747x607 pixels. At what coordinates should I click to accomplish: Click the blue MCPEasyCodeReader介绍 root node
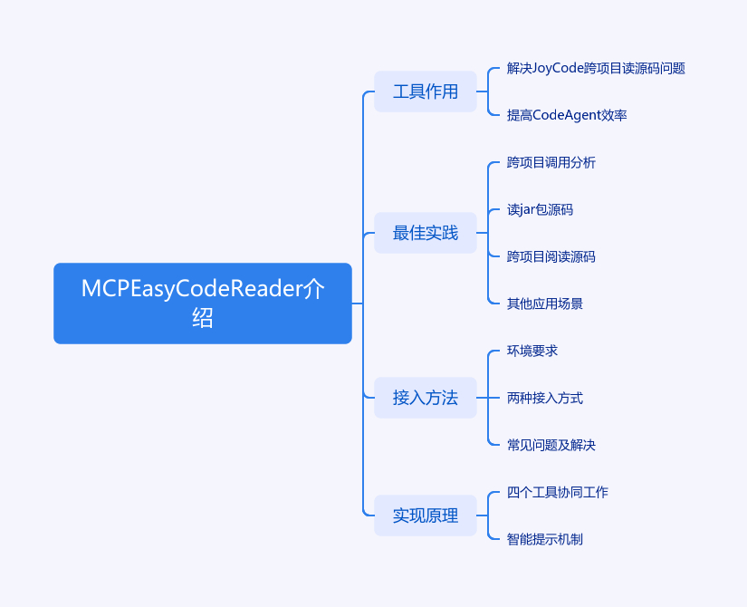pyautogui.click(x=202, y=303)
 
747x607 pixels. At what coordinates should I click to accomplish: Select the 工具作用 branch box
pyautogui.click(x=425, y=92)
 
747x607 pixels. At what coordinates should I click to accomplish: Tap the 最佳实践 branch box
pyautogui.click(x=425, y=233)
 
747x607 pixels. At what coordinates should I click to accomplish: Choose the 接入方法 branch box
pyautogui.click(x=425, y=398)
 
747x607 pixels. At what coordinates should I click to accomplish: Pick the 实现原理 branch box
pyautogui.click(x=425, y=515)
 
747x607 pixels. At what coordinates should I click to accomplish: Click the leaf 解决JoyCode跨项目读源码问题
pyautogui.click(x=595, y=68)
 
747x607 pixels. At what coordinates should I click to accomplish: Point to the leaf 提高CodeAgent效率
pyautogui.click(x=567, y=115)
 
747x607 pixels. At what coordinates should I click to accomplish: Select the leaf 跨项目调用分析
pyautogui.click(x=551, y=162)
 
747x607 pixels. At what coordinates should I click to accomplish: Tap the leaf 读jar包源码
pyautogui.click(x=540, y=209)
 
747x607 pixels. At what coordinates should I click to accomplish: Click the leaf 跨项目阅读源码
pyautogui.click(x=551, y=256)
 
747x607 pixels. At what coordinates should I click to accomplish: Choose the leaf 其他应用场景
pyautogui.click(x=544, y=303)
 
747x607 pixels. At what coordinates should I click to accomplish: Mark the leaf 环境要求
pyautogui.click(x=532, y=351)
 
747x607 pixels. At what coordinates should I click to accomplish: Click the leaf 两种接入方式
pyautogui.click(x=544, y=398)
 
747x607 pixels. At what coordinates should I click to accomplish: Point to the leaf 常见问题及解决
pyautogui.click(x=551, y=445)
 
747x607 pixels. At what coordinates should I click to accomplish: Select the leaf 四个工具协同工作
pyautogui.click(x=557, y=492)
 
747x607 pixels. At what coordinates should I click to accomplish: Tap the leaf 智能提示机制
pyautogui.click(x=544, y=539)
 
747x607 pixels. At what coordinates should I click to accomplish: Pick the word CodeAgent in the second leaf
pyautogui.click(x=566, y=115)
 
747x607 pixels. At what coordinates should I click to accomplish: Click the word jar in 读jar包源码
pyautogui.click(x=528, y=210)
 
